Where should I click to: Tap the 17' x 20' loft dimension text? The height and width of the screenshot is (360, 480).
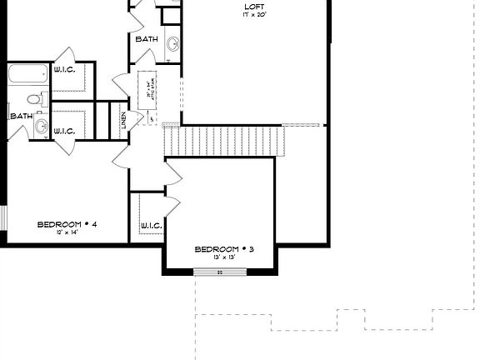(x=254, y=16)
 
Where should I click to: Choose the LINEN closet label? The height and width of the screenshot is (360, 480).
(x=123, y=119)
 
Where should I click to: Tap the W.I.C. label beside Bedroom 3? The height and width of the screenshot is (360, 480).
(x=151, y=225)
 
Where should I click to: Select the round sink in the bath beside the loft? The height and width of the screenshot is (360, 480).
(x=172, y=44)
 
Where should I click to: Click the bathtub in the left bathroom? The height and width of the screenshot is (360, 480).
(x=27, y=75)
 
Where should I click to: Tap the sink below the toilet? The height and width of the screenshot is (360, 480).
(x=40, y=127)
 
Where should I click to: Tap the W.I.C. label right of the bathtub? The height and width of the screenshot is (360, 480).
(x=64, y=70)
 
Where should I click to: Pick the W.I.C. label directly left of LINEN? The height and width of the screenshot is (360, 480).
(x=64, y=131)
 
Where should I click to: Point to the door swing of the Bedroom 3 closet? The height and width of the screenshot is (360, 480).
(x=174, y=207)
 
